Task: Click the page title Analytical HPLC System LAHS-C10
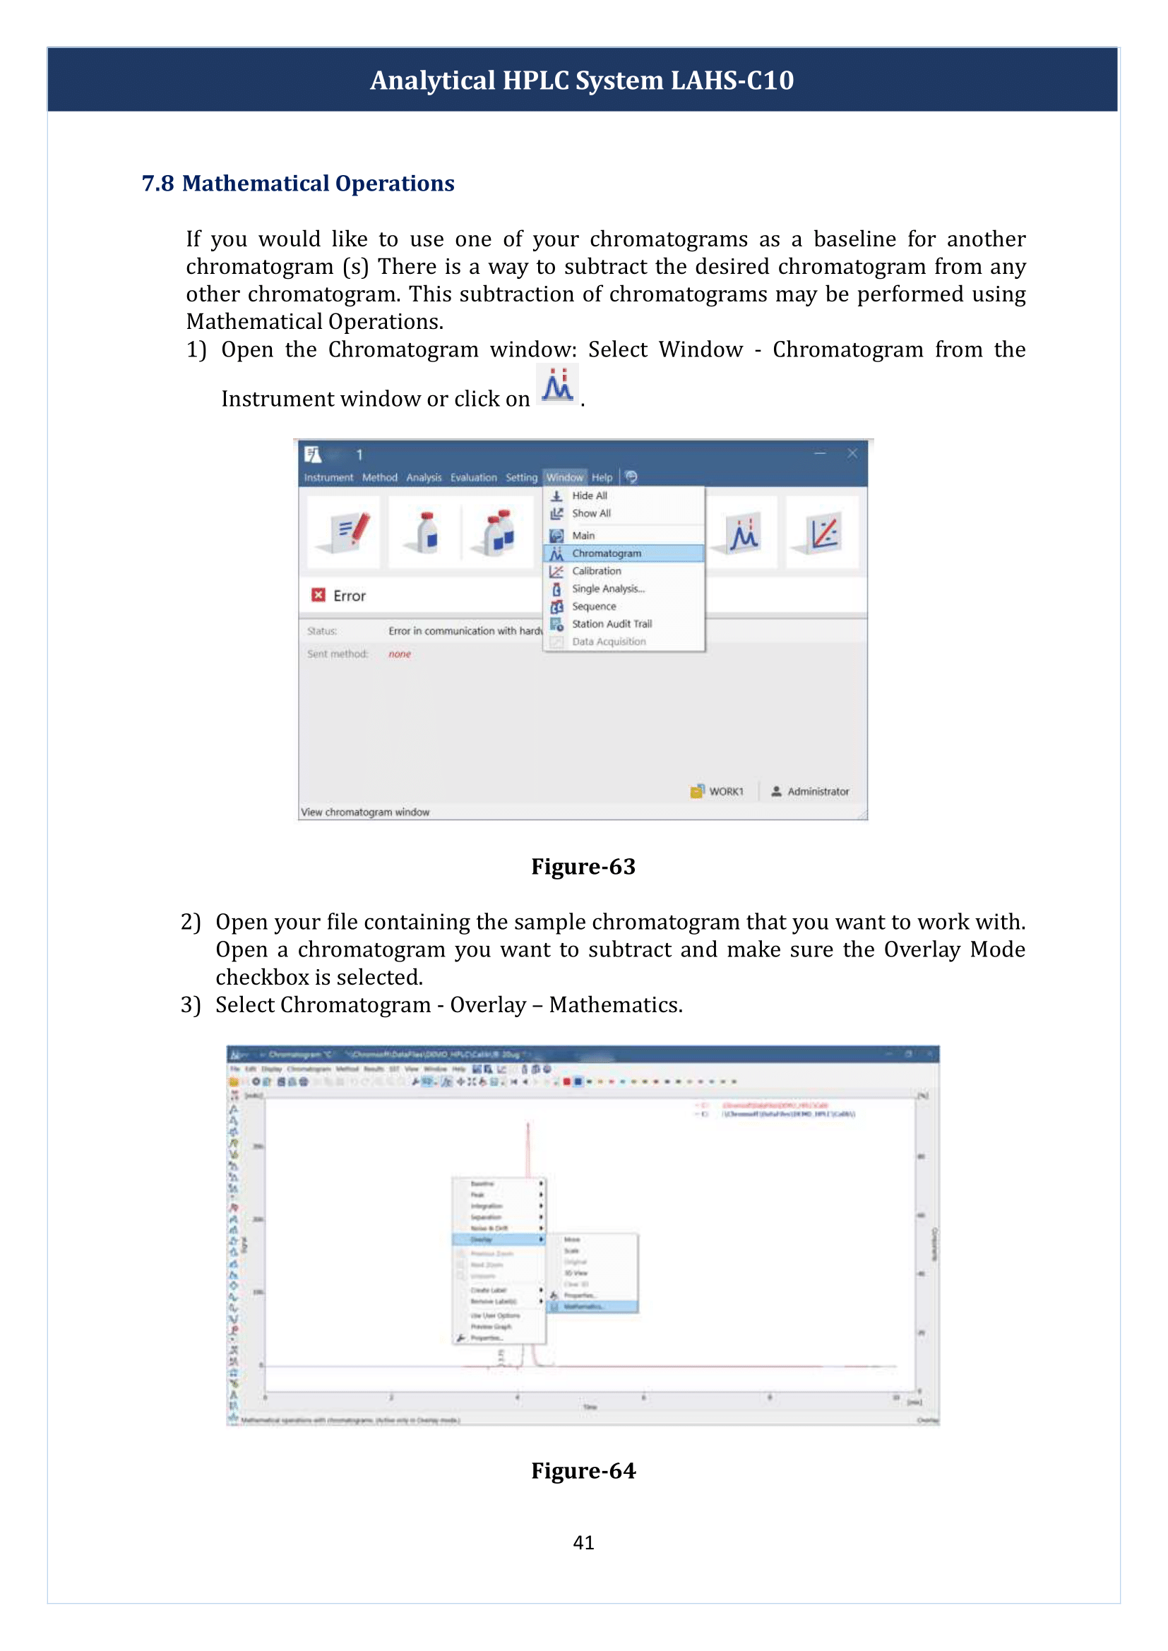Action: coord(582,80)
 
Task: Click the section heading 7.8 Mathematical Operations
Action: coord(298,184)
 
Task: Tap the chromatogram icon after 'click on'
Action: coord(557,385)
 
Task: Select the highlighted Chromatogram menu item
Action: coord(607,553)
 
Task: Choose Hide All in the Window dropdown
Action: coord(589,496)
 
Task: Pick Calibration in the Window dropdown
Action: coord(596,571)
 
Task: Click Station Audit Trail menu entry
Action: coord(612,623)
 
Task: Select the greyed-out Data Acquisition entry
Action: coord(609,642)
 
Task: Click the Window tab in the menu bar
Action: coord(565,477)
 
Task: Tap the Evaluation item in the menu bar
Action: coord(473,477)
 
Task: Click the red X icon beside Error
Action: coord(318,594)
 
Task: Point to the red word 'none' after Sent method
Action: coord(400,654)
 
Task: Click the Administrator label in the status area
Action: coord(818,791)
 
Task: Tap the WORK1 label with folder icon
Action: coord(726,791)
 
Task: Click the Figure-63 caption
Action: coord(583,867)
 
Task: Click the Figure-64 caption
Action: coord(583,1470)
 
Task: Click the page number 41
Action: coord(583,1542)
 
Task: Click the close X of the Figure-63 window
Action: coord(852,453)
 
